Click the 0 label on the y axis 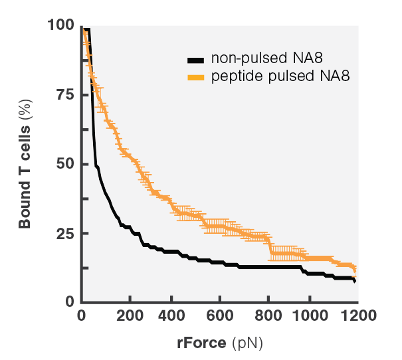69,302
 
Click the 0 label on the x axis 82,315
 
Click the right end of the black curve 355,282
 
